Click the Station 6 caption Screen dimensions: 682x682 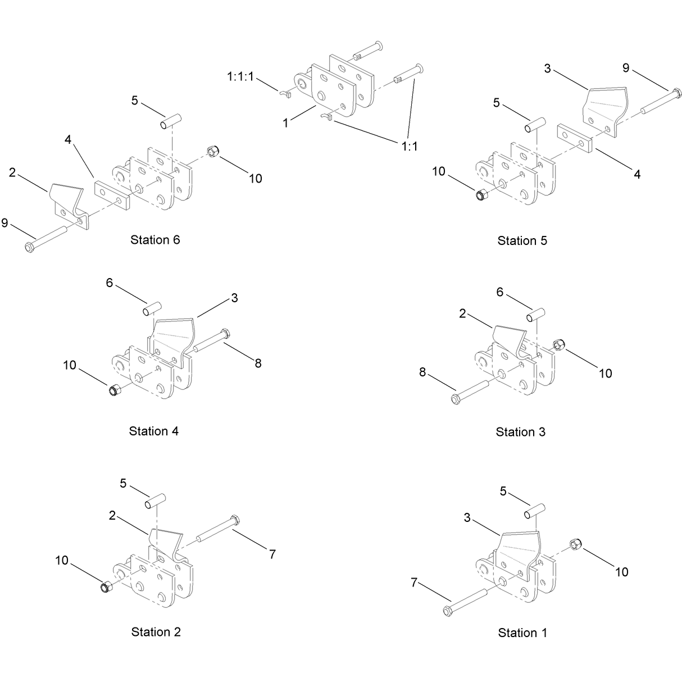coord(155,240)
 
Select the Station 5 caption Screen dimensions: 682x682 coord(522,240)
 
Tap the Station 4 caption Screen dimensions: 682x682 coord(153,431)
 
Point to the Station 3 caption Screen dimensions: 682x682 coord(520,432)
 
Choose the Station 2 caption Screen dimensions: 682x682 coord(156,632)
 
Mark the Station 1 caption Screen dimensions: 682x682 coord(522,633)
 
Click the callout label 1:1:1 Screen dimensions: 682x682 coord(240,76)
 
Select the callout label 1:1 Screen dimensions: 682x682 coord(410,147)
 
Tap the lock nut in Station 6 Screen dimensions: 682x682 coord(213,151)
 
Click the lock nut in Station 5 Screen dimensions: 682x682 coord(481,195)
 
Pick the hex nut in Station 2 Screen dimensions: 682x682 coord(106,587)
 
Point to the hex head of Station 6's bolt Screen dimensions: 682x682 coord(29,247)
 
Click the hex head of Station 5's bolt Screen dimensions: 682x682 coord(676,93)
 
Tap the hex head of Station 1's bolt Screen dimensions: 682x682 coord(448,611)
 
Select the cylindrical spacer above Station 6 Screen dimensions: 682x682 coord(171,121)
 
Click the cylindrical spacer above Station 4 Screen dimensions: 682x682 coord(152,308)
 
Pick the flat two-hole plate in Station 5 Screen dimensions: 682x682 coord(575,138)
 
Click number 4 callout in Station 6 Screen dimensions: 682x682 coord(67,140)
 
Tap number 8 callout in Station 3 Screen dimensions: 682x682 coord(422,372)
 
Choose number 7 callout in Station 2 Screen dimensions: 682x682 coord(272,554)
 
